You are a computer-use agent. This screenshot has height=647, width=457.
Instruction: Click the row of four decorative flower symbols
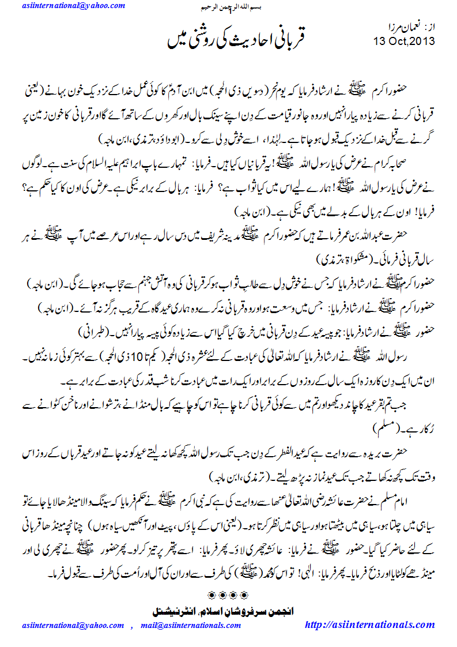pos(228,595)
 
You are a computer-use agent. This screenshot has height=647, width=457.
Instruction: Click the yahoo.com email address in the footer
pos(73,626)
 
